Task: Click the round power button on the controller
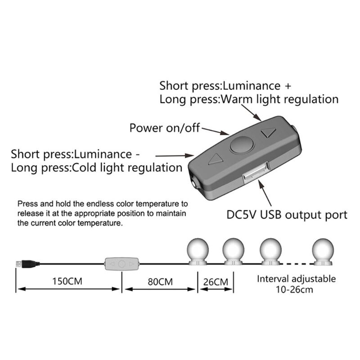242,145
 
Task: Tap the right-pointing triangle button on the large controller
269,133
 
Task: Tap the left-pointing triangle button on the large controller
215,159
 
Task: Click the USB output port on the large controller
255,173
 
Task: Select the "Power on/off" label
164,128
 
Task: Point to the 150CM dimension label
68,282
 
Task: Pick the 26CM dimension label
215,282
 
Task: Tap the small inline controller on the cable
121,263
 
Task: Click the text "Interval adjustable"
296,279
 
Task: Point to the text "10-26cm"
295,289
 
